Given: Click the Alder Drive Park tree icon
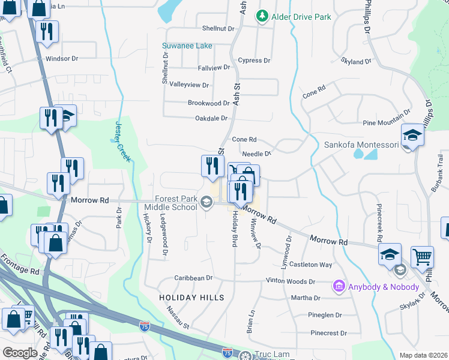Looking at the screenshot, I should (x=262, y=16).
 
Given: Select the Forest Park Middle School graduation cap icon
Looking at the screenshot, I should (x=206, y=202).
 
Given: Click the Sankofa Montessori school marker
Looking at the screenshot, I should (x=413, y=136).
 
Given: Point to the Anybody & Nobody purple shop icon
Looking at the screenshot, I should (x=339, y=286).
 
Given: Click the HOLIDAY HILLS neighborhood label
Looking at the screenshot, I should (x=191, y=298).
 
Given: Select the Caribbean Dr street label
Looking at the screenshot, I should (x=194, y=278).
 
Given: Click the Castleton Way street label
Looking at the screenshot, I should (x=311, y=265).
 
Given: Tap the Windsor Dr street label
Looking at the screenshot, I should (x=62, y=59).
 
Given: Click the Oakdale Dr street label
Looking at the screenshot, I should (x=212, y=118).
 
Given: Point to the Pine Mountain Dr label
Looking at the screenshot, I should (x=387, y=122).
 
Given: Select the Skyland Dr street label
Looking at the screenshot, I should (x=357, y=62).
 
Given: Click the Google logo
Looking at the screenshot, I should (x=20, y=353).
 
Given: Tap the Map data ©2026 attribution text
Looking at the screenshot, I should (x=424, y=355).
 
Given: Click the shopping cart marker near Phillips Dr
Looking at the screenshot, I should (x=423, y=257).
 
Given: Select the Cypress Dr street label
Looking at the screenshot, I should (x=254, y=61).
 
